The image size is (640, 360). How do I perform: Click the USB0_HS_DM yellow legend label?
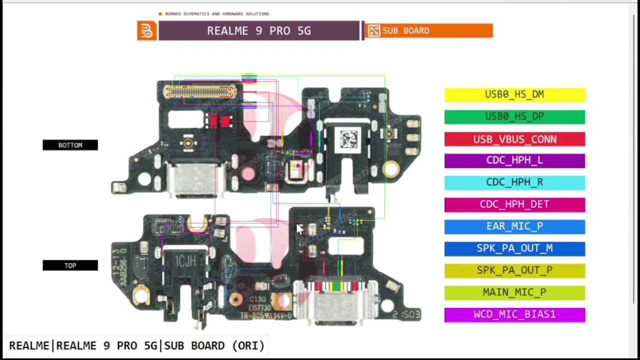pyautogui.click(x=514, y=94)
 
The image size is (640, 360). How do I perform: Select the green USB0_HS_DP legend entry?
pyautogui.click(x=514, y=116)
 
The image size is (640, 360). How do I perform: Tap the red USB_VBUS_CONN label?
pyautogui.click(x=514, y=139)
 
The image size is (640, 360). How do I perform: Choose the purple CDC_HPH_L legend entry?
pyautogui.click(x=514, y=160)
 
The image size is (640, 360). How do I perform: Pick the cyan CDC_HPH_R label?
pyautogui.click(x=514, y=182)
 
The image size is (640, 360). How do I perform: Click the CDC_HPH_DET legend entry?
pyautogui.click(x=514, y=204)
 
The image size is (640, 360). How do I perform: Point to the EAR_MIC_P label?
pyautogui.click(x=514, y=226)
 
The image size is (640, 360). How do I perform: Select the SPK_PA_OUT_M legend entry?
pyautogui.click(x=514, y=248)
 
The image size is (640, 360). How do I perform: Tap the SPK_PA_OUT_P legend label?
pyautogui.click(x=514, y=270)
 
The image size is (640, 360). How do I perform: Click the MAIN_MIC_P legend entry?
pyautogui.click(x=514, y=292)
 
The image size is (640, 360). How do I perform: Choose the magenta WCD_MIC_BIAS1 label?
pyautogui.click(x=514, y=314)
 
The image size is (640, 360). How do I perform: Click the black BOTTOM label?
pyautogui.click(x=70, y=145)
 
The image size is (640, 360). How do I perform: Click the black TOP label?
pyautogui.click(x=70, y=265)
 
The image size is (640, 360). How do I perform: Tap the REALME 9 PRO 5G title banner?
pyautogui.click(x=258, y=31)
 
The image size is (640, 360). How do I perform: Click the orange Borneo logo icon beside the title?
pyautogui.click(x=146, y=31)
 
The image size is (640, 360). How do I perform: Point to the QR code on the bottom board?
pyautogui.click(x=348, y=138)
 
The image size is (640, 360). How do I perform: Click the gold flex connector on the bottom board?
pyautogui.click(x=200, y=91)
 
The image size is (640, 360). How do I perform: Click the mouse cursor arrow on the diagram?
pyautogui.click(x=299, y=228)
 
